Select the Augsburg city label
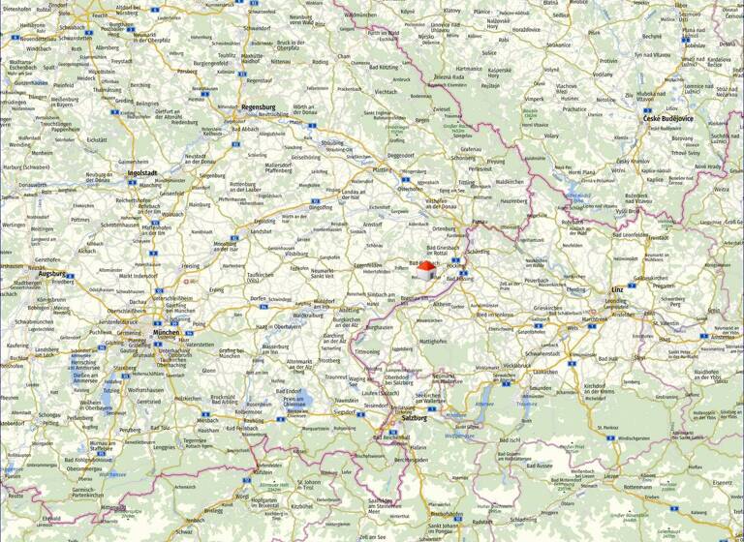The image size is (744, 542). point(51,274)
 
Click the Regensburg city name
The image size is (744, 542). point(258,106)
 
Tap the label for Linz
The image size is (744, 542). point(617,289)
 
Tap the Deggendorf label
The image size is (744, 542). point(400,155)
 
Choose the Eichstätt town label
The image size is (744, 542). point(97,140)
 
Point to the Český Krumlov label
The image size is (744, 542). point(633,161)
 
